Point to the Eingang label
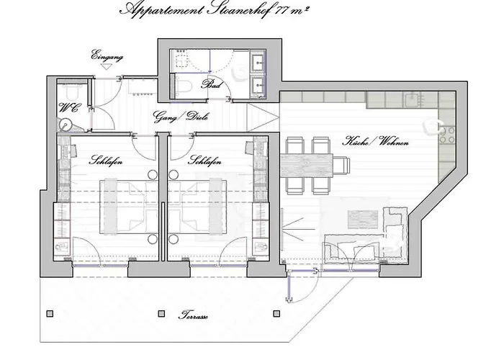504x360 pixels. pos(107,55)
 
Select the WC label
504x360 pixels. pos(68,109)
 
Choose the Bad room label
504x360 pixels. pos(212,84)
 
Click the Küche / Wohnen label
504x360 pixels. pos(375,142)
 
